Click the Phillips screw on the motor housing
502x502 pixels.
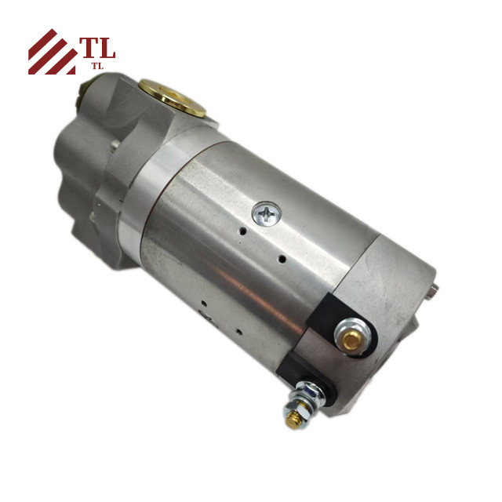click(267, 213)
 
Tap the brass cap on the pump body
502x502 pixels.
click(173, 97)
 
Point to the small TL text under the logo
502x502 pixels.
click(97, 66)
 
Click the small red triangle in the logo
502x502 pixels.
click(71, 71)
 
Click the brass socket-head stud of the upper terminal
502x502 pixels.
click(352, 340)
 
